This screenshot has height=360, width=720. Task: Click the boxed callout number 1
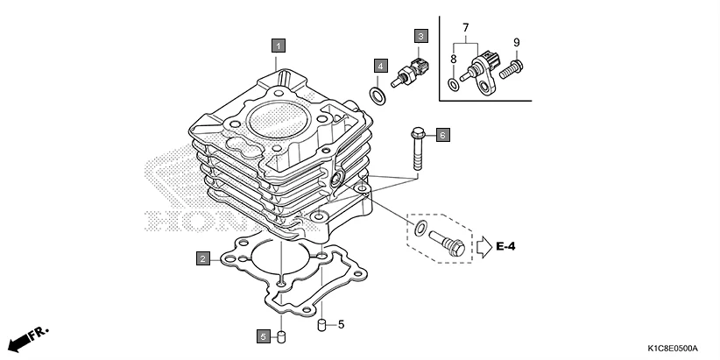(x=278, y=44)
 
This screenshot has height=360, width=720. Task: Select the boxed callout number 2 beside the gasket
(x=202, y=258)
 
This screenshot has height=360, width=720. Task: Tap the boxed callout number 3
(x=420, y=36)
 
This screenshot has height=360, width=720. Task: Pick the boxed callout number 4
(x=380, y=66)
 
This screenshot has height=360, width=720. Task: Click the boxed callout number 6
(x=442, y=135)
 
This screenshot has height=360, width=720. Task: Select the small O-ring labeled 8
(x=452, y=84)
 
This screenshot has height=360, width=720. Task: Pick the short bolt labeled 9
(x=516, y=65)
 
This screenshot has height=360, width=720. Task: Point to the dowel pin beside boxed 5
(x=281, y=336)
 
